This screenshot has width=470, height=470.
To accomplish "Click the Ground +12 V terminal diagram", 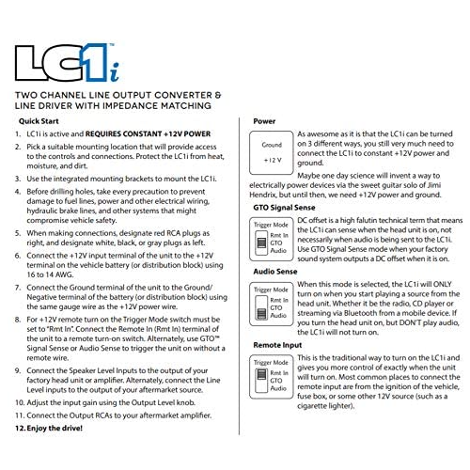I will coord(271,152).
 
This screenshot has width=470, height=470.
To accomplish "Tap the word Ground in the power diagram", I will coord(271,145).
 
